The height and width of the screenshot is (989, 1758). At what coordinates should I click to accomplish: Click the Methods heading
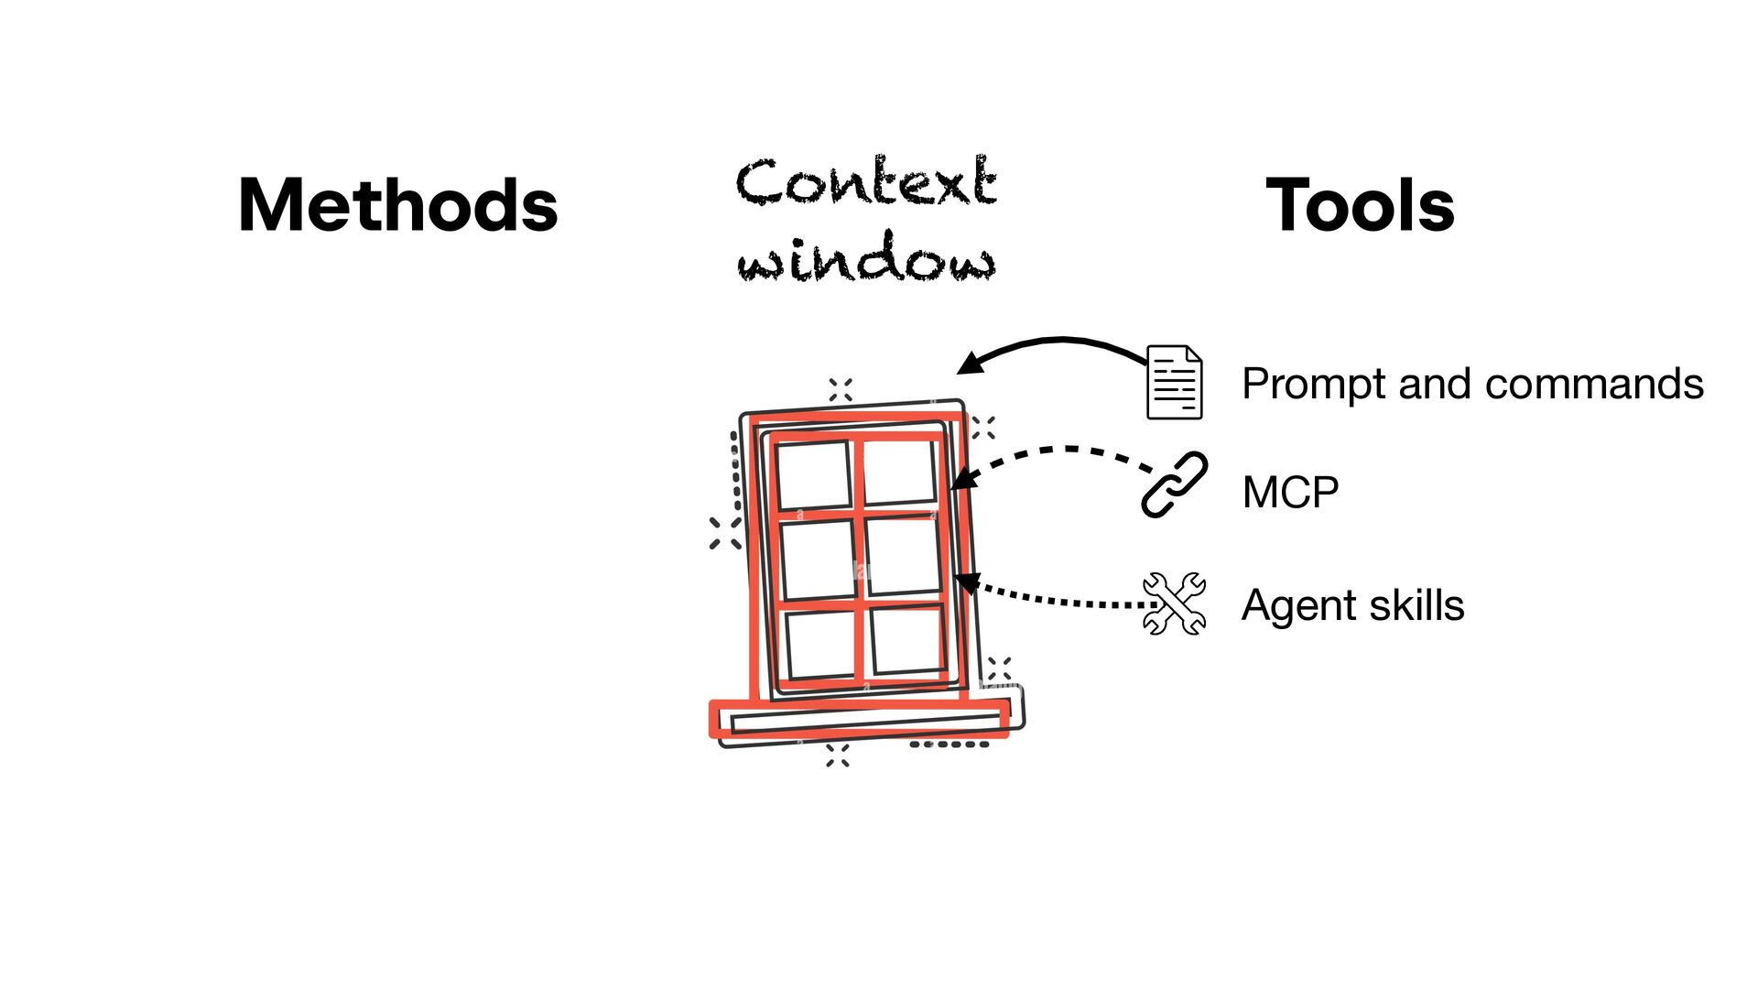(x=397, y=205)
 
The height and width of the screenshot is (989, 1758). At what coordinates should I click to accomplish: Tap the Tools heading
(x=1360, y=205)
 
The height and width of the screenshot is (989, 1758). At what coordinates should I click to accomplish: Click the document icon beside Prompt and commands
(x=1175, y=383)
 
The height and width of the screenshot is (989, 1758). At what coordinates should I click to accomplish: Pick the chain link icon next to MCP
(x=1175, y=484)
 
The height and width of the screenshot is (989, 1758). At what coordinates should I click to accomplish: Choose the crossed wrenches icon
(x=1175, y=603)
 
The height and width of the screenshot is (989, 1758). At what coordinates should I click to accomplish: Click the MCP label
(x=1290, y=493)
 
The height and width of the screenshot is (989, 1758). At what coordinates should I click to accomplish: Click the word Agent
(x=1300, y=606)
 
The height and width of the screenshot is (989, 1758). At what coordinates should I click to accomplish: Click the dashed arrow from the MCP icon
(x=1062, y=450)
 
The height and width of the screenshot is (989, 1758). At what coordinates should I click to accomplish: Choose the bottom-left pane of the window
(x=821, y=645)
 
